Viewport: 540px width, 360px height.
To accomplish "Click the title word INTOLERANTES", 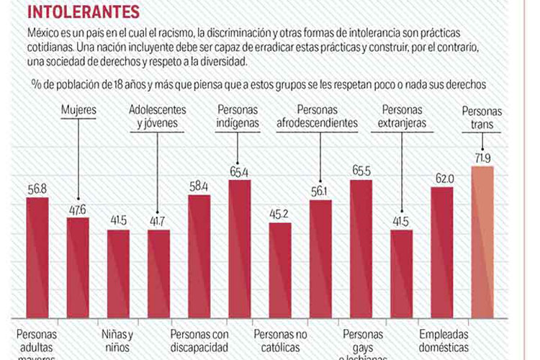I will coord(73,12).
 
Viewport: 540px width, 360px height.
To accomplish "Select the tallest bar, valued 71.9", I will coord(482,245).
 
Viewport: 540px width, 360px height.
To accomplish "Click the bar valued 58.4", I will coord(199,259).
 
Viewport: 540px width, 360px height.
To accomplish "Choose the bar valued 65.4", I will coord(240,252).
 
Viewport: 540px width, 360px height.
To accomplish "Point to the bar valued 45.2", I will coord(280,274).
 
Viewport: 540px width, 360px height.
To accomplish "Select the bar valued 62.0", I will coord(442,256).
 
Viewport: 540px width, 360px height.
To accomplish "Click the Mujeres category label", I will coord(79,111).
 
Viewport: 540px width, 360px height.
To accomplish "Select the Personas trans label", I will coord(482,117).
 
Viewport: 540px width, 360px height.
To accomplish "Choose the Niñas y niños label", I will coord(116,341).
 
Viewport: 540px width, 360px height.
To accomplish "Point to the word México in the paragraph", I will coord(45,35).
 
